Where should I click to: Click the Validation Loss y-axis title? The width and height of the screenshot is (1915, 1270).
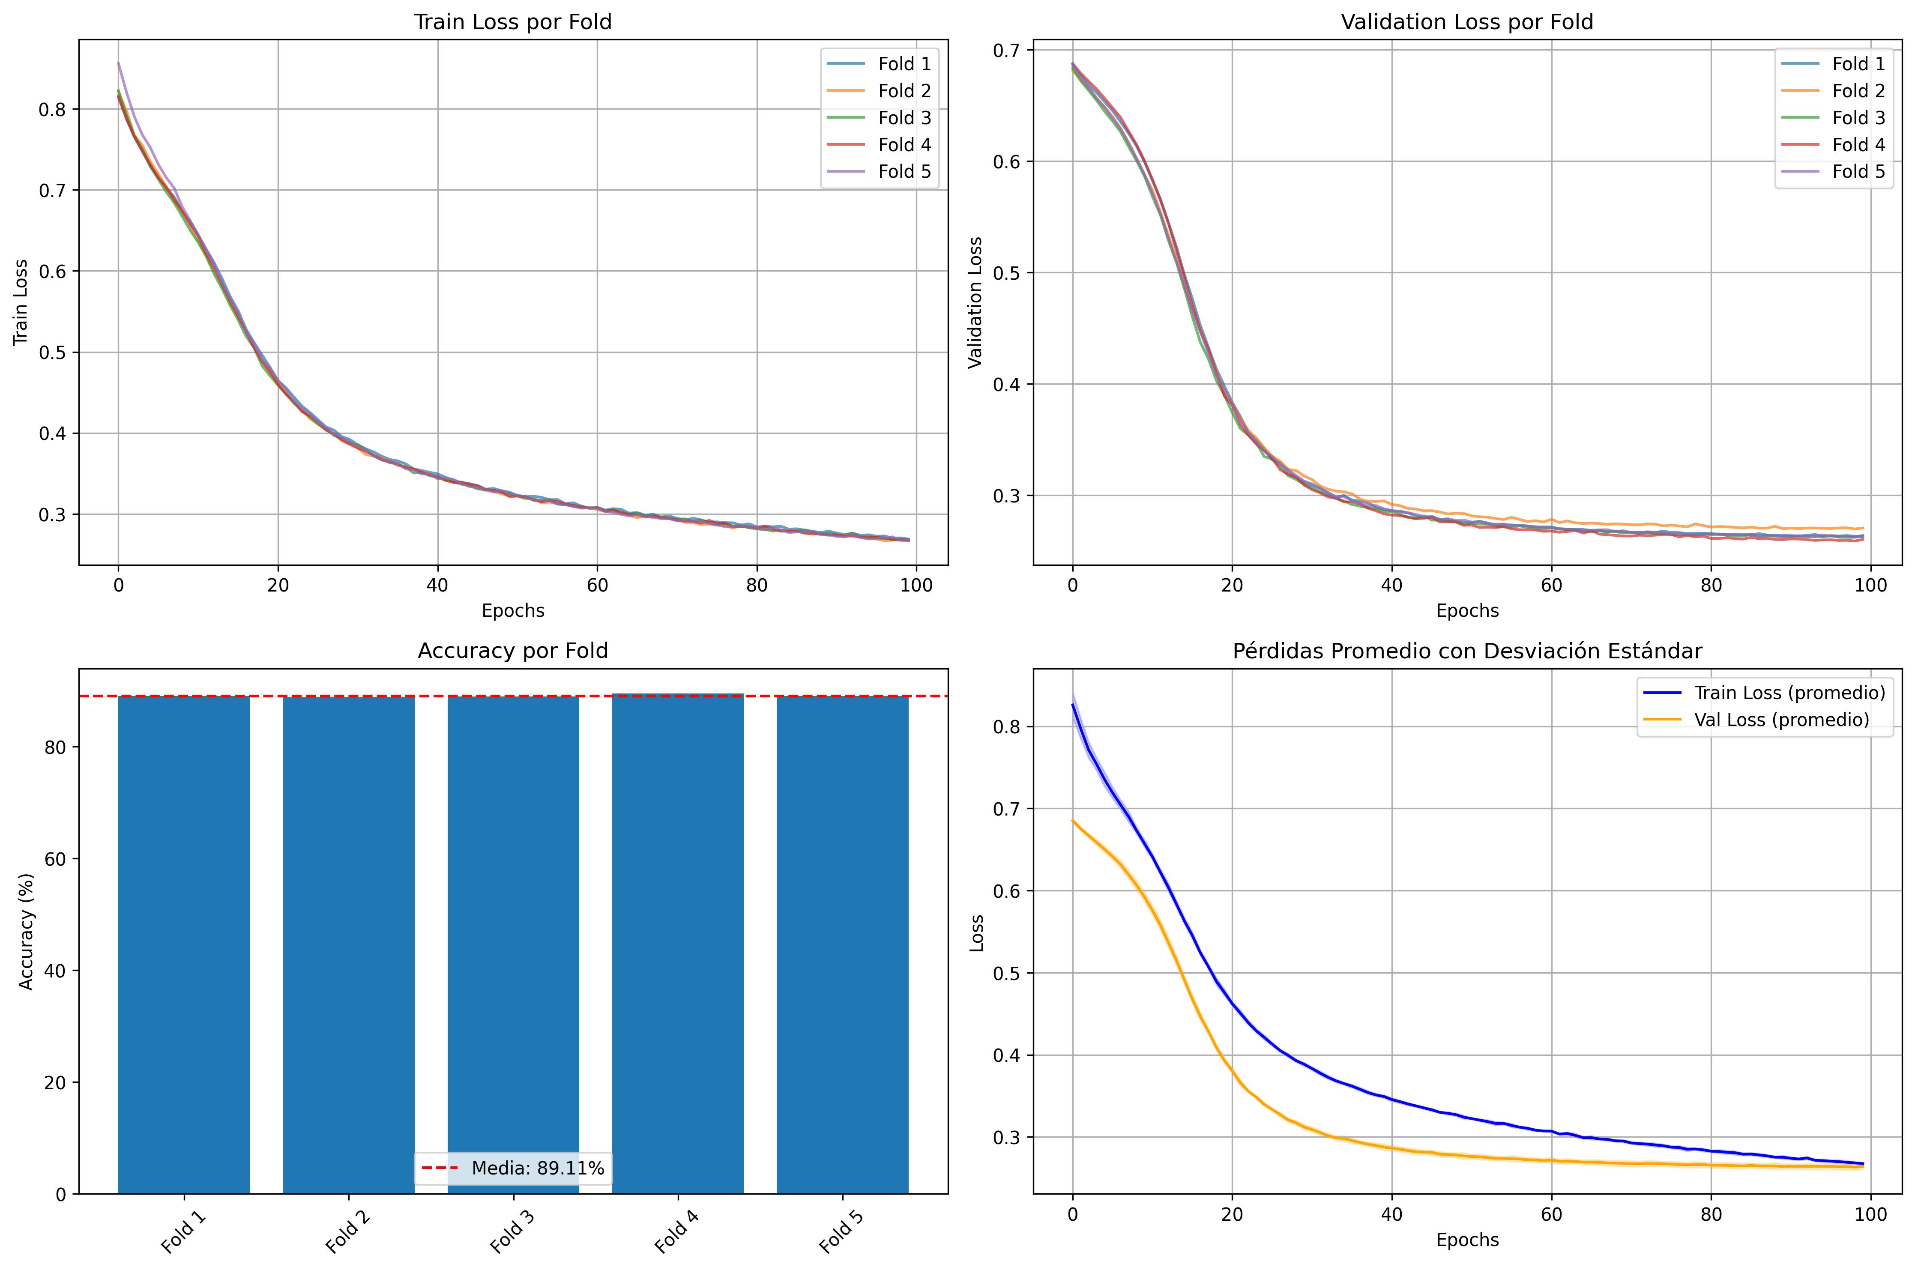976,302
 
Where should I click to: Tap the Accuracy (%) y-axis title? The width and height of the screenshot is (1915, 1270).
27,932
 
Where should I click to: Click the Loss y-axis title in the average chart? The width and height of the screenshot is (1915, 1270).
977,932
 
